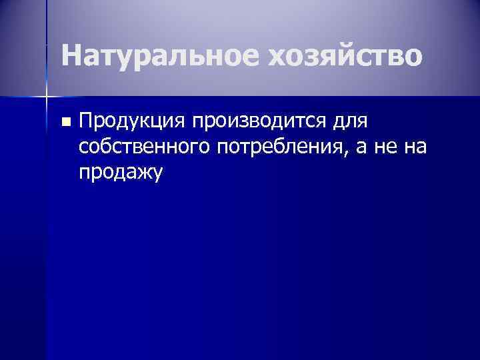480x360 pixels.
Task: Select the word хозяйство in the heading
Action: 345,56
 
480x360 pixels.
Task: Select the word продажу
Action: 120,173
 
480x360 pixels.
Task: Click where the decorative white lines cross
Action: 47,97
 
